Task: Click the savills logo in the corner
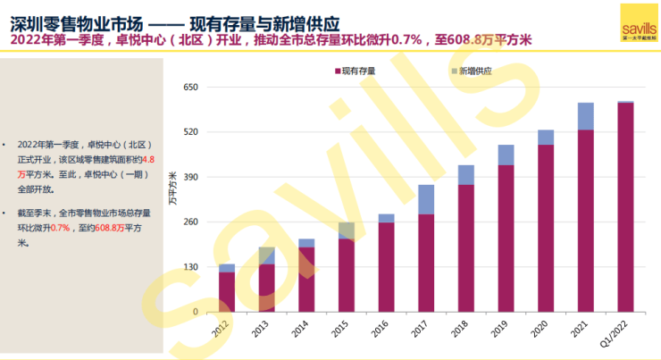click(638, 20)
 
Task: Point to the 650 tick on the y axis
click(189, 88)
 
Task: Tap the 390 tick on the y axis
click(189, 178)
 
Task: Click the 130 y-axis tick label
click(189, 268)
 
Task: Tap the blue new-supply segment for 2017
click(426, 199)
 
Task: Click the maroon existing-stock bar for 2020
click(546, 228)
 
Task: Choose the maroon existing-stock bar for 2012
click(227, 292)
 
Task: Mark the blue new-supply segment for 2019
click(506, 155)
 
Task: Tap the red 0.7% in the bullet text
click(60, 228)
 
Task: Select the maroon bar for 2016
click(386, 267)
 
